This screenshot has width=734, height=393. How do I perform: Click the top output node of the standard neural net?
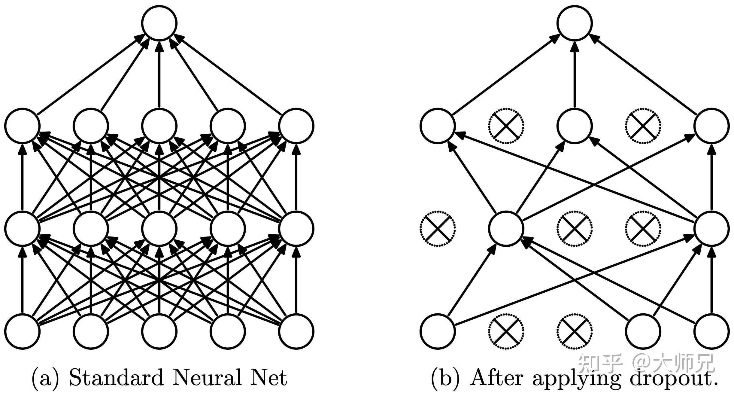159,23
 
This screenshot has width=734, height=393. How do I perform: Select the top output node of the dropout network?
575,23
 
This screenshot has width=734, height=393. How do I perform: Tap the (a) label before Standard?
46,378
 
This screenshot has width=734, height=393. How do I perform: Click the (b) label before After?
446,378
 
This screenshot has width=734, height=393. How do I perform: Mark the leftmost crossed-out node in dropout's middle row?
437,228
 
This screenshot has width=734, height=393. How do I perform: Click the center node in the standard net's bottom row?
159,331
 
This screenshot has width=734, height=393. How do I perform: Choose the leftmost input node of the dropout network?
437,331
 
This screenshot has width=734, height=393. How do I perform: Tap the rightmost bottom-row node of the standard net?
296,331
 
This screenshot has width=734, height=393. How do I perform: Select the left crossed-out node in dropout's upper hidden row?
506,126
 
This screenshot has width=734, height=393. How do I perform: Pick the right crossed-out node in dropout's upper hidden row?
643,126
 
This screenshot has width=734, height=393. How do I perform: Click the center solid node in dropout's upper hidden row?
575,126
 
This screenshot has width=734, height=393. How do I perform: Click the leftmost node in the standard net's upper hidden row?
22,126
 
